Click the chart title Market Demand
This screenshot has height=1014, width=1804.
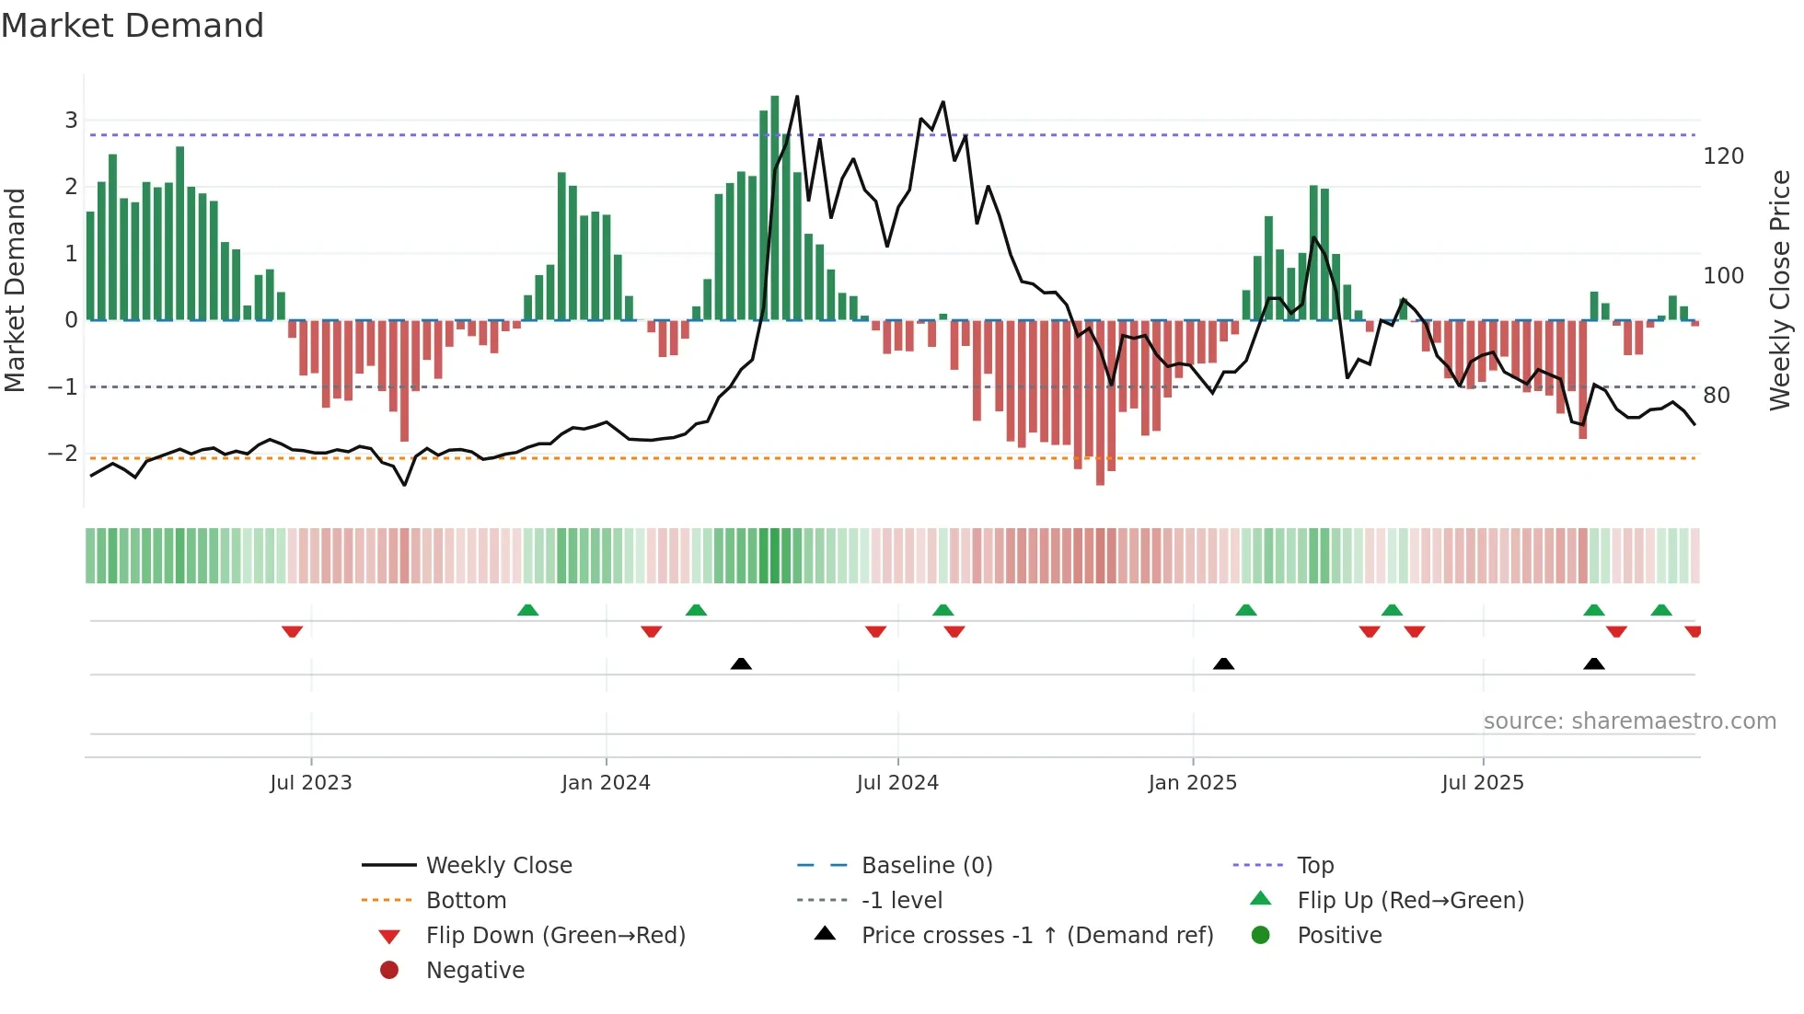(133, 26)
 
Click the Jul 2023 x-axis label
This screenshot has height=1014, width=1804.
(311, 783)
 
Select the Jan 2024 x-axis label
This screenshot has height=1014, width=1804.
(606, 783)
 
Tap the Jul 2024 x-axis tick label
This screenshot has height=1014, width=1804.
(897, 783)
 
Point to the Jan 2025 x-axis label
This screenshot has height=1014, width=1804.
(1193, 783)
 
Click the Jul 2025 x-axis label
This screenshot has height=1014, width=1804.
(1483, 783)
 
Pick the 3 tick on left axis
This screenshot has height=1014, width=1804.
(71, 121)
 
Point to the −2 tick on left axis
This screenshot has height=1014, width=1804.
(64, 454)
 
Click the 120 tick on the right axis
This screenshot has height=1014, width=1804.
(1723, 156)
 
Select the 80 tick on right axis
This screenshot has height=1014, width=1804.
(1717, 396)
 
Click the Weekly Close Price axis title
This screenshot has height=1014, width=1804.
(1780, 290)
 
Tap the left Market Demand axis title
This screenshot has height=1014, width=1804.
(15, 290)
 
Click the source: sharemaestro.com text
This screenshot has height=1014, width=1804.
(1629, 721)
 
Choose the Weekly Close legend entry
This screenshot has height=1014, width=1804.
(499, 866)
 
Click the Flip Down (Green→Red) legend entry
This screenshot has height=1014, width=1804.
(555, 936)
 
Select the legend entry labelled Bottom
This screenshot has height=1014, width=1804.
(466, 901)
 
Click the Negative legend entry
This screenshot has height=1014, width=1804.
(475, 971)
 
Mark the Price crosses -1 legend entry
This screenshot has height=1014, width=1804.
(1037, 936)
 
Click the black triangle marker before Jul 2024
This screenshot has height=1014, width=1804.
(741, 663)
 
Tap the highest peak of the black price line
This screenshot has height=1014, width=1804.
(797, 97)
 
